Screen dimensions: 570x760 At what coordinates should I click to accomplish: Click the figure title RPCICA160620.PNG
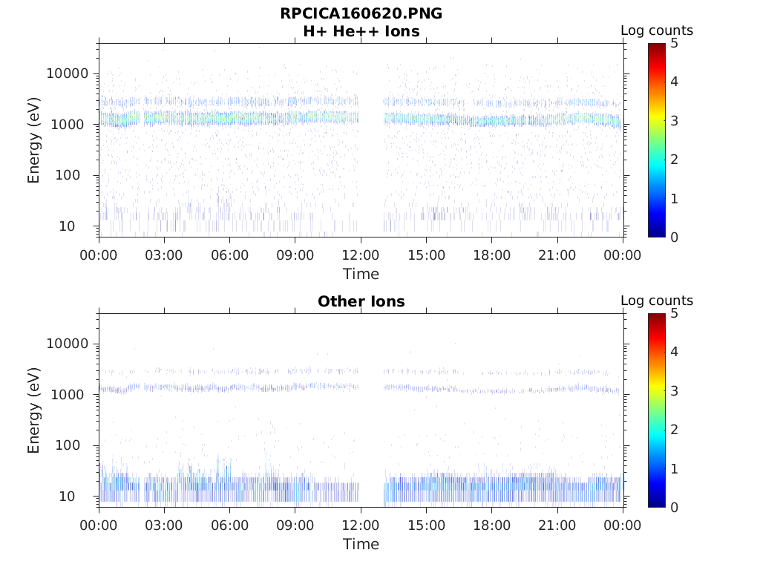tap(361, 13)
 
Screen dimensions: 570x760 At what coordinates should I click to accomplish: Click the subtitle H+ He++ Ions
tap(361, 31)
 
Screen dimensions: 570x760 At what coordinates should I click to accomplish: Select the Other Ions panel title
tap(361, 301)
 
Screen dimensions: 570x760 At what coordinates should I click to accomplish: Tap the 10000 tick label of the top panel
tap(67, 73)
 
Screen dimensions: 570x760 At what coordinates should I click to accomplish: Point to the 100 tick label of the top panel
tap(76, 175)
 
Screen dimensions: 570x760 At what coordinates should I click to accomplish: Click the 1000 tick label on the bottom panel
tap(71, 394)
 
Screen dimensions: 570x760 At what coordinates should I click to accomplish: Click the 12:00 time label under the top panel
tap(361, 255)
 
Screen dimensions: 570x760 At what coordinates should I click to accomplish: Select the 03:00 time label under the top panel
tap(164, 255)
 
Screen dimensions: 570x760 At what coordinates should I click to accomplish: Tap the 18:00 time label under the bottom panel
tap(491, 525)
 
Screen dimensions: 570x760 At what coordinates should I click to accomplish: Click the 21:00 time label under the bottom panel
tap(557, 525)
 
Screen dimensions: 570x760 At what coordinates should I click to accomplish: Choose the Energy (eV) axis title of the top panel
tap(34, 140)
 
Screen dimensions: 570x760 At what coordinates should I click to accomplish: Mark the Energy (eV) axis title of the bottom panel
tap(34, 410)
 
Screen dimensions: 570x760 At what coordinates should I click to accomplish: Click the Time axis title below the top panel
tap(361, 274)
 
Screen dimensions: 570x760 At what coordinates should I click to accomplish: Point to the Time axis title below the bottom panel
tap(361, 544)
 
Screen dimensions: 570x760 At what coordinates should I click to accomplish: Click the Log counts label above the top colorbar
tap(657, 30)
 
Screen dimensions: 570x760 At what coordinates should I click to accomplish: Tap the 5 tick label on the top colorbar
tap(675, 43)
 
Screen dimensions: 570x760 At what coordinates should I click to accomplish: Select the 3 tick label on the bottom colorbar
tap(675, 390)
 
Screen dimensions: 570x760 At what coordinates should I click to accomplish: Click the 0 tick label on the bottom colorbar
tap(675, 507)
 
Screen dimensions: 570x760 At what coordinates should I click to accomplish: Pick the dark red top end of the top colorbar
tap(657, 46)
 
